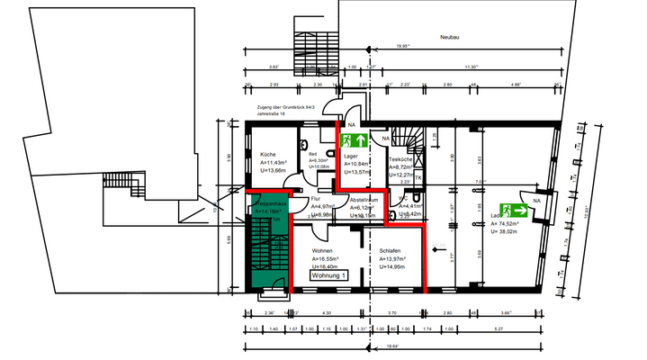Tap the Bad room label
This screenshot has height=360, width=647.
click(x=312, y=154)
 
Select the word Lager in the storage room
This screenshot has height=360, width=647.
click(x=352, y=155)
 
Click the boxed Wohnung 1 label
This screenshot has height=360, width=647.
click(x=328, y=277)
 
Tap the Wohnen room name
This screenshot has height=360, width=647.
click(x=323, y=250)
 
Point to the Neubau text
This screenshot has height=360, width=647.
click(x=450, y=38)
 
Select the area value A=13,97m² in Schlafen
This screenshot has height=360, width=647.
click(x=397, y=259)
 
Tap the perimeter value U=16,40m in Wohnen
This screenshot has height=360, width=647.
click(x=327, y=267)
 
